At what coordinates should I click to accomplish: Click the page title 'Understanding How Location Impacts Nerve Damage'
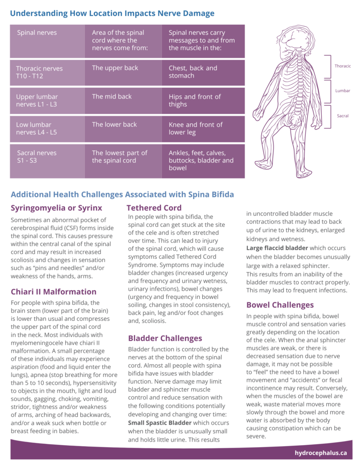[x=112, y=13]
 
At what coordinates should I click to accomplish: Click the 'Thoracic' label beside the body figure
[x=342, y=66]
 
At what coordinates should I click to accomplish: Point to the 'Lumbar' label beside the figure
[x=342, y=91]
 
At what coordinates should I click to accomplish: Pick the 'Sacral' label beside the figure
[x=343, y=116]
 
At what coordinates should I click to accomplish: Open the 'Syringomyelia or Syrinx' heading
[x=56, y=207]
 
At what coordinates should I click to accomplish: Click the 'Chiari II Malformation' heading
[x=54, y=291]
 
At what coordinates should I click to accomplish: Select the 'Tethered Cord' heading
[x=154, y=207]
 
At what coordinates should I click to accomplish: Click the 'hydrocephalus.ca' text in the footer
[x=321, y=453]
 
